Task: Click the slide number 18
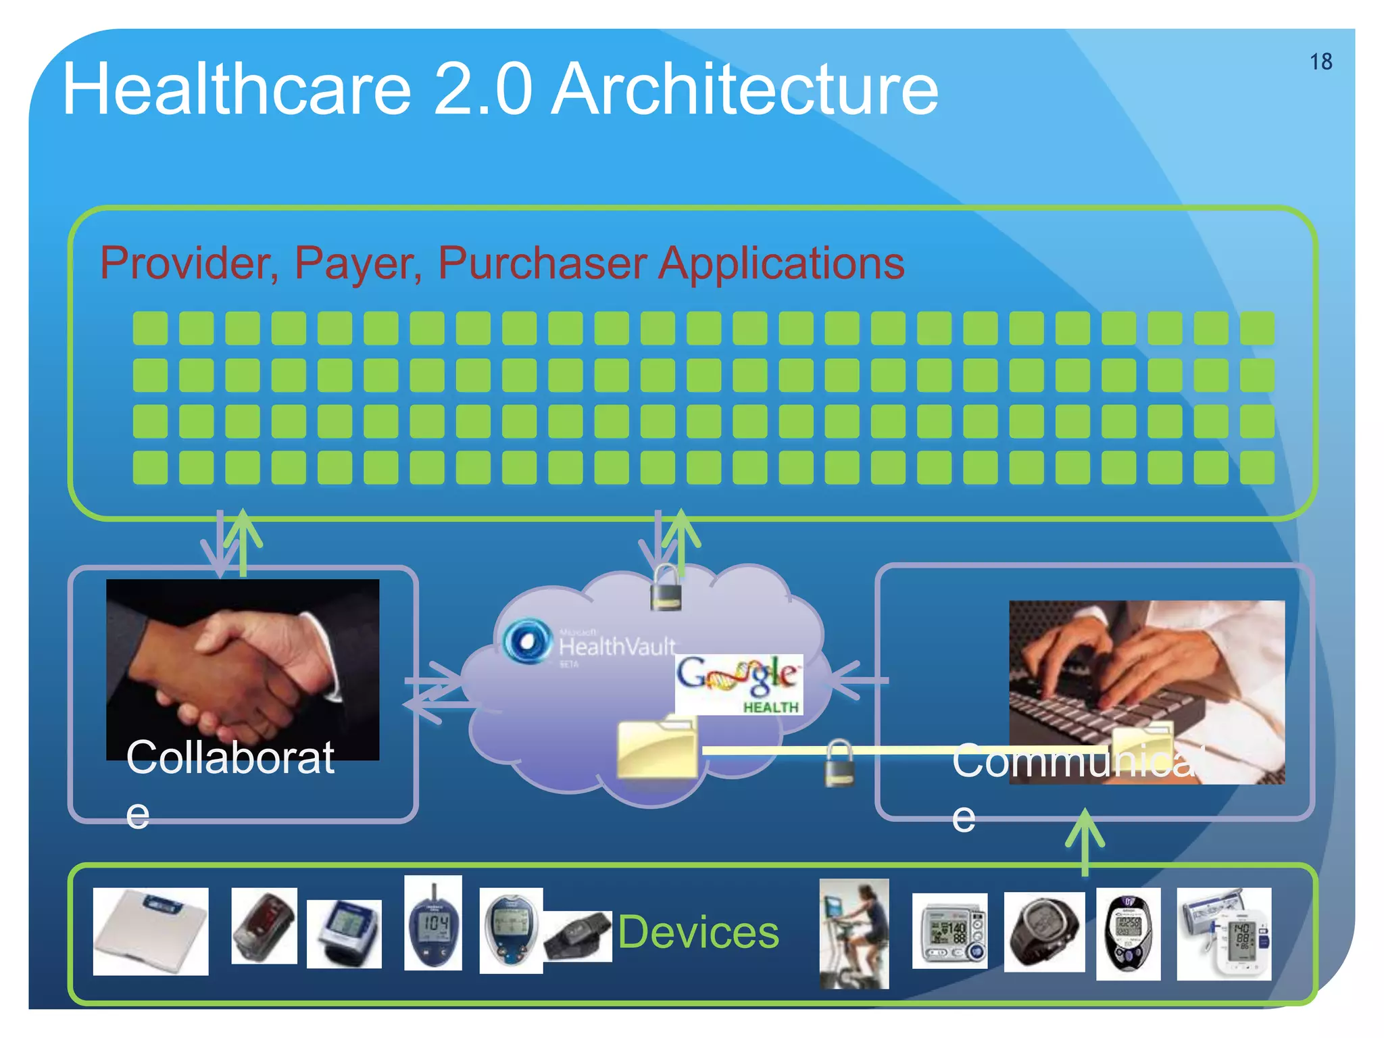tap(1320, 61)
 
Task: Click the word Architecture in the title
tap(745, 89)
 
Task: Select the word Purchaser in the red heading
tap(542, 263)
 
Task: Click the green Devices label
tap(698, 932)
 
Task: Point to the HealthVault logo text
tap(616, 647)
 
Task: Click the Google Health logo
tap(739, 684)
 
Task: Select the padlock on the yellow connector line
tap(839, 764)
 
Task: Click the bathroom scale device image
tap(150, 931)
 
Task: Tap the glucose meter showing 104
tap(433, 923)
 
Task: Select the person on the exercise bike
tap(854, 933)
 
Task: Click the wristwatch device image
tap(1044, 932)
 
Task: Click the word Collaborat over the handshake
tap(230, 758)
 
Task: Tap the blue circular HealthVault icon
tap(527, 641)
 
